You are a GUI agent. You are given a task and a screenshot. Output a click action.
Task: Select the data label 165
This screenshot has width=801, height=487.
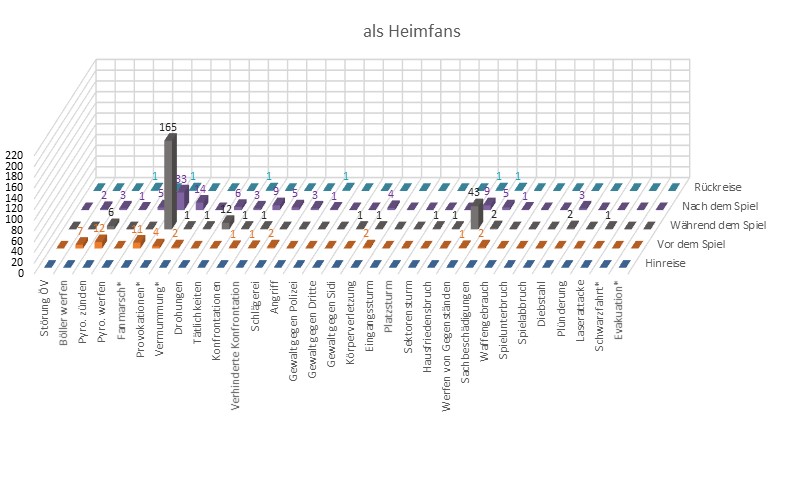(x=170, y=128)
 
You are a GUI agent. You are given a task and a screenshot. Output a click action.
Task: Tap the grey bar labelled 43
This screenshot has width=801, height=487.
(x=478, y=212)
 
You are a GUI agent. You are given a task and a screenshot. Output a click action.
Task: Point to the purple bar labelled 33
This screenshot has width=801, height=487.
(x=183, y=195)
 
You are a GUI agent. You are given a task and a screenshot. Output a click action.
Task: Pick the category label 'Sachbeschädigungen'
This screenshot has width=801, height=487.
(x=465, y=324)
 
